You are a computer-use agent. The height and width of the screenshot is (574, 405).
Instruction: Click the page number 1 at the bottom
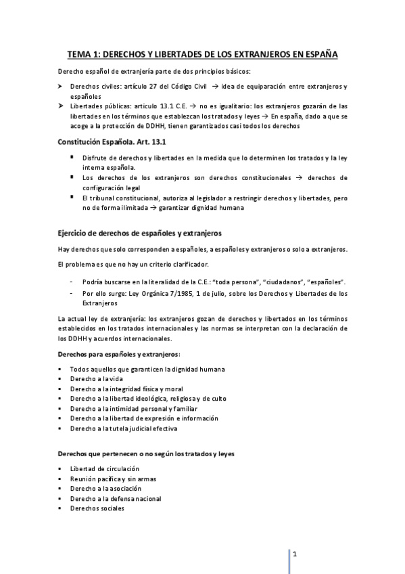pos(294,553)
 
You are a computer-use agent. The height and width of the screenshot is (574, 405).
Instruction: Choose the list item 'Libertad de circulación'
pos(104,468)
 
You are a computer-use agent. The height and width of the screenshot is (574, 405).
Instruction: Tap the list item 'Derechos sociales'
pos(93,508)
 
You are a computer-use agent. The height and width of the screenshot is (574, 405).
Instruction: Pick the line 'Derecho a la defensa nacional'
pos(116,498)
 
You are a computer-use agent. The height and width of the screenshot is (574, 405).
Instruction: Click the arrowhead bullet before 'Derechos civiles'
pos(59,87)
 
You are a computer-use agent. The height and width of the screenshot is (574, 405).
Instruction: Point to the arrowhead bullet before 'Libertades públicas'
pos(59,106)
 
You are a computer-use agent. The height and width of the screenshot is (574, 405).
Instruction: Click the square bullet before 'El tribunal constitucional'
pos(71,197)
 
